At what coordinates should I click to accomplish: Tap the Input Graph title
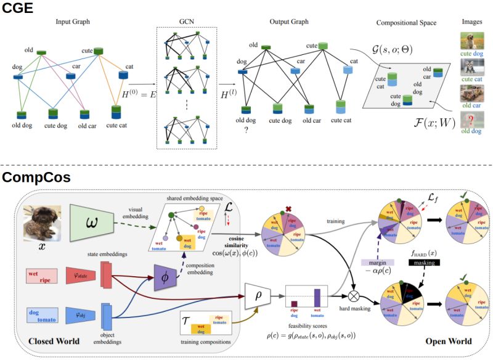[73, 22]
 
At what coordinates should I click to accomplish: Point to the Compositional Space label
[405, 23]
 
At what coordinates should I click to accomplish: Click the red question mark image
[471, 121]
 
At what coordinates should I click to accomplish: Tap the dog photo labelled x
[41, 224]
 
